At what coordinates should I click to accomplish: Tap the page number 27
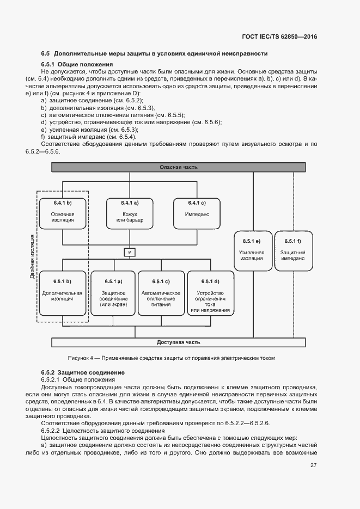click(313, 465)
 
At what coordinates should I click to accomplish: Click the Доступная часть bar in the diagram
click(179, 342)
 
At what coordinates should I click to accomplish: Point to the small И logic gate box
click(129, 252)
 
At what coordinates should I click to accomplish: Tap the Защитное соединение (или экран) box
click(113, 293)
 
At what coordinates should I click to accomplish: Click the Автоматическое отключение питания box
click(161, 293)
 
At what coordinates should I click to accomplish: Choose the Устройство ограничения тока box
click(210, 293)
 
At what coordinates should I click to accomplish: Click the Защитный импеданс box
click(292, 250)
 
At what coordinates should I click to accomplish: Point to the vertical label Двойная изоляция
click(33, 256)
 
